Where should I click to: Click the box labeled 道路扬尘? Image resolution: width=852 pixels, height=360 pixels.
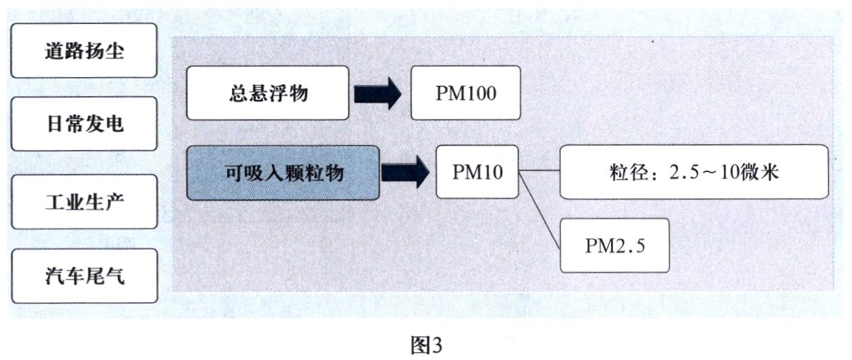84,51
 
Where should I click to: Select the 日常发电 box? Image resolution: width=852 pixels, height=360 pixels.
84,125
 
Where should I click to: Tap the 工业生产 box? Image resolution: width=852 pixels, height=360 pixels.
84,202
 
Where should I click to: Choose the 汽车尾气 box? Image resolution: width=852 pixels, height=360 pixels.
84,275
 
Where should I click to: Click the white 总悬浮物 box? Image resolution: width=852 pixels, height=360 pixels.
268,93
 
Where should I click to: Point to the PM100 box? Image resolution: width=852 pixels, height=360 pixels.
465,93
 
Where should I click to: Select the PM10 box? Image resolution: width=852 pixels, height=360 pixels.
477,172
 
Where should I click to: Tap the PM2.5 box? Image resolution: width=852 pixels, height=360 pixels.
614,245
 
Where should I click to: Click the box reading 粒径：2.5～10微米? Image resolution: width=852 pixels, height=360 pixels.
693,172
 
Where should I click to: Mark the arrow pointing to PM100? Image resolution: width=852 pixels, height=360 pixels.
378,93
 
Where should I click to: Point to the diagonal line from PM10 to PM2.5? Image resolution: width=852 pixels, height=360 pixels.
539,209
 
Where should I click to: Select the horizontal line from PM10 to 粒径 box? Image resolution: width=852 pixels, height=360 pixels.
539,171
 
